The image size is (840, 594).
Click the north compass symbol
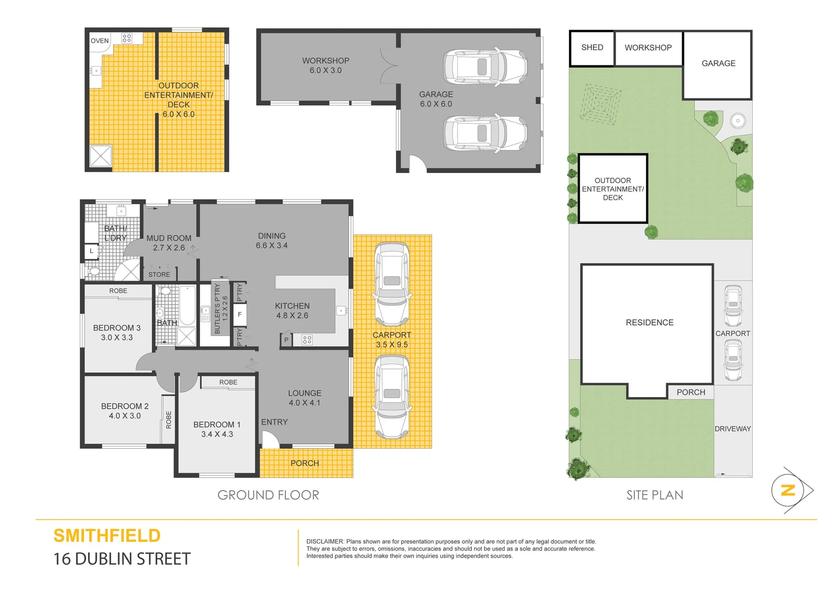tap(788, 490)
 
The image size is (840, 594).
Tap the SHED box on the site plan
tap(592, 48)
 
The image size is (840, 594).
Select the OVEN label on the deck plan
tap(100, 41)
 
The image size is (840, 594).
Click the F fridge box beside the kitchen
tap(240, 315)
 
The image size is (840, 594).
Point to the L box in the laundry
tap(91, 251)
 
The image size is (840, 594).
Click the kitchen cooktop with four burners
tap(307, 340)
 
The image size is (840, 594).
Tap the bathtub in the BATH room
tap(187, 306)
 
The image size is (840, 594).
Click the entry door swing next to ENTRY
tap(269, 439)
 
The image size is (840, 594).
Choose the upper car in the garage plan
tap(485, 67)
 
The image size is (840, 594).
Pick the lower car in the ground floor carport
tap(391, 397)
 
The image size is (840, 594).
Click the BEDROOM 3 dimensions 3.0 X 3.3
tap(117, 338)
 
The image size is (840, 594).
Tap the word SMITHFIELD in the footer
tap(107, 536)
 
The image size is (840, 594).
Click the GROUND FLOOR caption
tap(268, 495)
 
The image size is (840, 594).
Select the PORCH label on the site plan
tap(690, 392)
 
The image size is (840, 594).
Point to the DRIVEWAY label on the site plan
tap(732, 429)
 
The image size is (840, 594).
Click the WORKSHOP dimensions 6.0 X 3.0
tap(325, 70)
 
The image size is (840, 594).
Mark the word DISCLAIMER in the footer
tap(324, 542)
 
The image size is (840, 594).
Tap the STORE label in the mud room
tap(159, 274)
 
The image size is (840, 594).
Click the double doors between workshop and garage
tap(389, 66)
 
